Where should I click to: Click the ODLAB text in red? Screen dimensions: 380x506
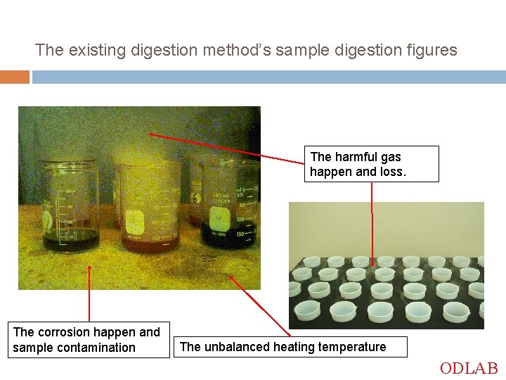[469, 368]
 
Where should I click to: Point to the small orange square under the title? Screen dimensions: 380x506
[14, 77]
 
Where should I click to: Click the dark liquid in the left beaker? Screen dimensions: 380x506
[70, 241]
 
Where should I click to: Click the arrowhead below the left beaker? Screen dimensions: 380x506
[89, 268]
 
